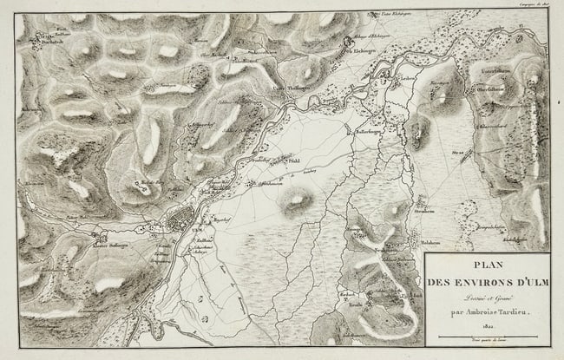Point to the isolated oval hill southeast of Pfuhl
click(297, 200)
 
